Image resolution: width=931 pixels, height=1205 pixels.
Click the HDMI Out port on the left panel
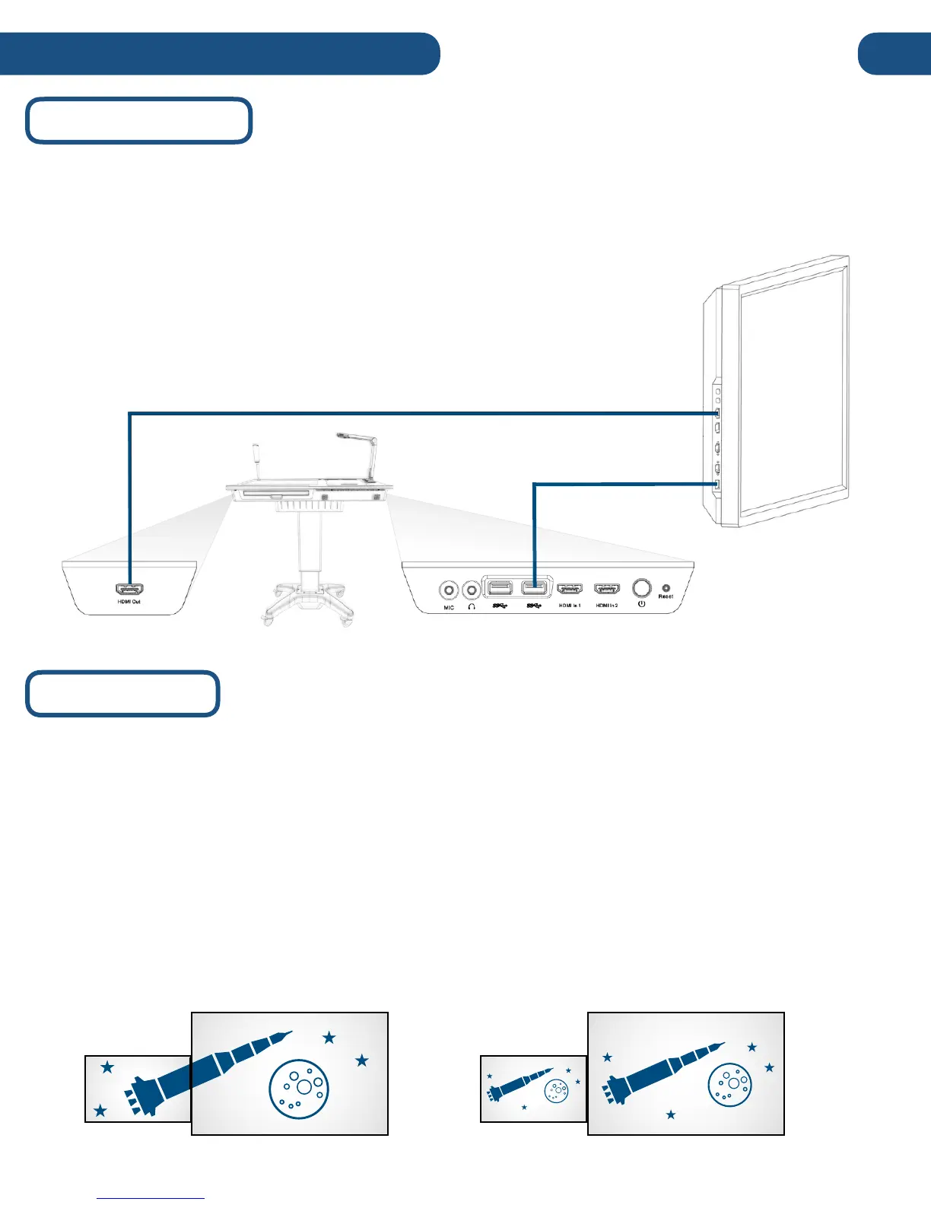coord(130,590)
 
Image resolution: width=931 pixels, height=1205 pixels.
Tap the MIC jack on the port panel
coord(449,590)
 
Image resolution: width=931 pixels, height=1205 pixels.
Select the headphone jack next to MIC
coord(472,589)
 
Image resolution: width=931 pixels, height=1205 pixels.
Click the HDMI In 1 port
coord(570,590)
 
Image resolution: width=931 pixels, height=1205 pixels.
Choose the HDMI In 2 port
coord(606,590)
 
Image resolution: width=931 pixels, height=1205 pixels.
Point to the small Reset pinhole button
coord(666,587)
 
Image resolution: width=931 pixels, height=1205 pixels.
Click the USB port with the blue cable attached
coord(535,588)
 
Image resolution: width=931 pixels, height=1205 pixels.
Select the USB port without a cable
coord(500,588)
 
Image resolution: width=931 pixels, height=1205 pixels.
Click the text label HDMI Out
coord(130,602)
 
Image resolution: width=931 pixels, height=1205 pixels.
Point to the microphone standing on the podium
coord(256,460)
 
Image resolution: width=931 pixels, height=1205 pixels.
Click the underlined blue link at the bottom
coord(151,1198)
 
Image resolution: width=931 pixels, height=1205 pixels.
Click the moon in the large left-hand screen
coord(298,1089)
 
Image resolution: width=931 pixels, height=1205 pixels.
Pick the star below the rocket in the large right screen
coord(671,1115)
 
